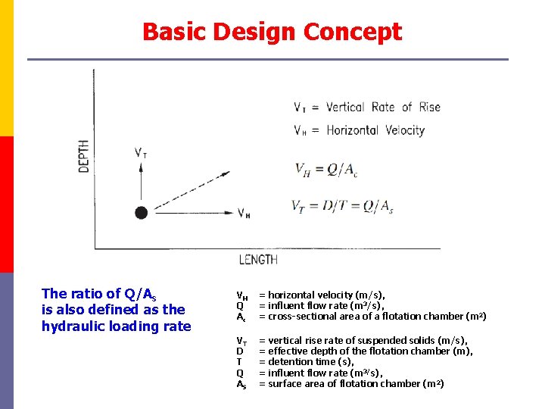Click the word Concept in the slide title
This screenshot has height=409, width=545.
(x=352, y=32)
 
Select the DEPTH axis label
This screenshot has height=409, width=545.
(x=83, y=155)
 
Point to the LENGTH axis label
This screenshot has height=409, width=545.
(x=258, y=260)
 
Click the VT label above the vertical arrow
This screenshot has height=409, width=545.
(x=141, y=152)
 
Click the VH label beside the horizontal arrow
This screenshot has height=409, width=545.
(x=244, y=214)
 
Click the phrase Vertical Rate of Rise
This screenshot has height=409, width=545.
(x=383, y=107)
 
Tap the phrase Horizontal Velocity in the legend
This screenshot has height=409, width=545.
(x=375, y=130)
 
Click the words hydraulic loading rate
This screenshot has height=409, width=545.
(x=117, y=326)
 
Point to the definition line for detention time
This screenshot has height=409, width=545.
(x=306, y=362)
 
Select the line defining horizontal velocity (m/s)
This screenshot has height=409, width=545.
(x=322, y=295)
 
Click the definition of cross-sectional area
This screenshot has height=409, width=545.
(x=372, y=316)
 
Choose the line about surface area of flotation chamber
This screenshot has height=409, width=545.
(x=351, y=383)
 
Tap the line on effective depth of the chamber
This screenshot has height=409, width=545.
(x=366, y=351)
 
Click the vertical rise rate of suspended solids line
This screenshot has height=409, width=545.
(x=363, y=340)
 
